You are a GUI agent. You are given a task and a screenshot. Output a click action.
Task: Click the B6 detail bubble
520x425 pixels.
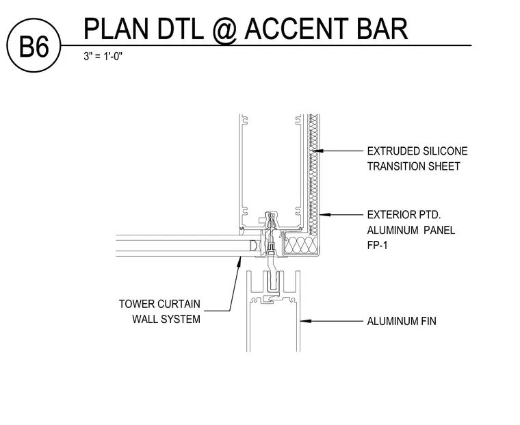tap(34, 45)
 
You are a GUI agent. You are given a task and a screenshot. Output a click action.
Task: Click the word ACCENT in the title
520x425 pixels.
tap(296, 29)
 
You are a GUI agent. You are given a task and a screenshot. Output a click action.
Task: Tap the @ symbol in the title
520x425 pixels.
tap(224, 30)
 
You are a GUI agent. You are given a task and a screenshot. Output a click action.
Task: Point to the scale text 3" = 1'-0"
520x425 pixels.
tap(103, 56)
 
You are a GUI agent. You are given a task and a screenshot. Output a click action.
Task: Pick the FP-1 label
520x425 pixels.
tap(377, 245)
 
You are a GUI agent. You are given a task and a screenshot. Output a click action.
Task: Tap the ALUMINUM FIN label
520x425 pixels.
tap(402, 321)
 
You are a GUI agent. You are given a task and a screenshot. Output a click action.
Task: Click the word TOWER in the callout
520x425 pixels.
tap(136, 304)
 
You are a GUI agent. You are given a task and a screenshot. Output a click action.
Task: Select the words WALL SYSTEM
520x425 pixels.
tap(166, 319)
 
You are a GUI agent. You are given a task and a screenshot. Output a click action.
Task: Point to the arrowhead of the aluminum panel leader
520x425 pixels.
tap(325, 215)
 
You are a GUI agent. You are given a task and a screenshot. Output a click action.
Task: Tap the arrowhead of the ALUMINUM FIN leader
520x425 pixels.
tap(306, 321)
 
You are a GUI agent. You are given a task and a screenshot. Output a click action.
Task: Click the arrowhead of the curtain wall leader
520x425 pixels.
tap(239, 261)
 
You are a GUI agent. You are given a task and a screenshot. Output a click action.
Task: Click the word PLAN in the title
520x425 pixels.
tap(116, 29)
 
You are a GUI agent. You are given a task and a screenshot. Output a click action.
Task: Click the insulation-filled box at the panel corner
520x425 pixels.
tap(301, 245)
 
